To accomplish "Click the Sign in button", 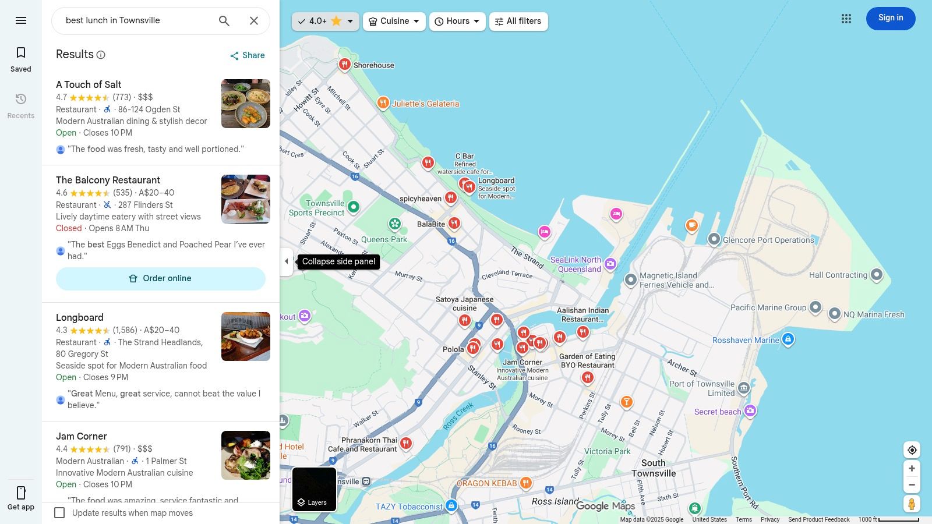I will (x=890, y=19).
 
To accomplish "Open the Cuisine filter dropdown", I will (x=394, y=22).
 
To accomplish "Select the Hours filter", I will (x=457, y=22).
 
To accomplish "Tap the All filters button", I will (x=518, y=22).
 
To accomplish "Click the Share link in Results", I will (x=247, y=55).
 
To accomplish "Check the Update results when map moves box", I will (x=59, y=513).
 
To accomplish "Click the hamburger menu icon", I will (x=21, y=20).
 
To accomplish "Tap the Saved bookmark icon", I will (x=21, y=53).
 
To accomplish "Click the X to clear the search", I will (x=254, y=21).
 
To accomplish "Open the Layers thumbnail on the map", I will (x=314, y=489).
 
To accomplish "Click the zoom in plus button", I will (x=912, y=469).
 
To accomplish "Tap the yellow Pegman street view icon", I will (x=912, y=504).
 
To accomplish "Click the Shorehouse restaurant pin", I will (x=345, y=65).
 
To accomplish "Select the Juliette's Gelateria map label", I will (x=425, y=104).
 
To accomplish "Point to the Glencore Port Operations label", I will (x=768, y=240).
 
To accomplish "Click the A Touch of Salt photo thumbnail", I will (x=245, y=104).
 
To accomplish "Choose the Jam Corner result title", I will (x=82, y=436).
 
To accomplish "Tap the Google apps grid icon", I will (x=846, y=19).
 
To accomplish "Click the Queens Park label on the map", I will (x=384, y=239).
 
